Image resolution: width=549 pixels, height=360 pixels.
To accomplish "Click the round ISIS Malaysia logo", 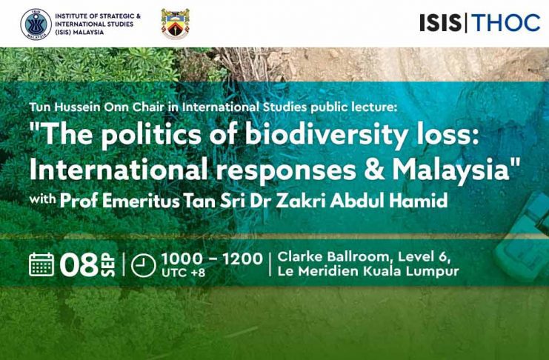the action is (36, 24).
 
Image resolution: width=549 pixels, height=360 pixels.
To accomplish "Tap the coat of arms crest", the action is (175, 24).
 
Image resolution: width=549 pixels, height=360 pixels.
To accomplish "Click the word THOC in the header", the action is (505, 23).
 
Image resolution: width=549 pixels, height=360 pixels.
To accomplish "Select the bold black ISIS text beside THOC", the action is (441, 23).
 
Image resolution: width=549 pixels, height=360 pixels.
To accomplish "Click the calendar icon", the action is (41, 264).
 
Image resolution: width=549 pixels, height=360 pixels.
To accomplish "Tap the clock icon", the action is (143, 265).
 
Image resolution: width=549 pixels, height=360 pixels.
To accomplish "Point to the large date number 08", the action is (79, 264).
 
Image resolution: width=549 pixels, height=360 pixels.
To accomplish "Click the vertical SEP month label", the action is (109, 264).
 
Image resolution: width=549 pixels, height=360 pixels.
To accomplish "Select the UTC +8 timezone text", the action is (184, 273).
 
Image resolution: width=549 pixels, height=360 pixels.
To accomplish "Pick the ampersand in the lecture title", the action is (373, 170).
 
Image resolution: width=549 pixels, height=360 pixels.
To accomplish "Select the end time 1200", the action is (242, 259).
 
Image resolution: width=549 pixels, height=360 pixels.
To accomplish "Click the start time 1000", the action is (182, 259).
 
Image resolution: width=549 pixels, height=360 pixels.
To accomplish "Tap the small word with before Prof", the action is (43, 199).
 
